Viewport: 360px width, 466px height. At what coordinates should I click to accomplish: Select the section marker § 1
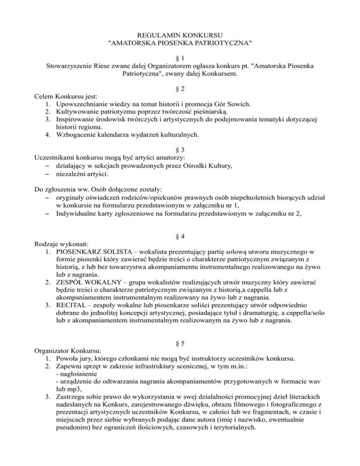pyautogui.click(x=180, y=57)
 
